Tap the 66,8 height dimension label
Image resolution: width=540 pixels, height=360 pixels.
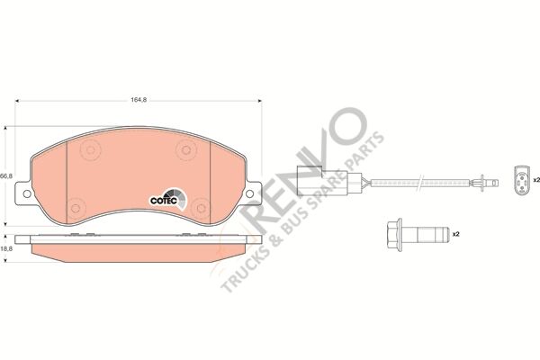[x=6, y=175]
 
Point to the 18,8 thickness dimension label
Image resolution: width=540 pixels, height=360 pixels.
[x=6, y=248]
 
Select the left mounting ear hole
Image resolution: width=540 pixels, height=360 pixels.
[x=27, y=194]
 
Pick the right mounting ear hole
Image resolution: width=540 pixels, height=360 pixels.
[x=249, y=194]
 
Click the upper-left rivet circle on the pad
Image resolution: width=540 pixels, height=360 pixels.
[x=91, y=150]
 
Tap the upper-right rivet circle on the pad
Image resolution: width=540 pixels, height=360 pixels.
[x=186, y=150]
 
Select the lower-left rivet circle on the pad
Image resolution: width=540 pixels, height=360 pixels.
[x=76, y=208]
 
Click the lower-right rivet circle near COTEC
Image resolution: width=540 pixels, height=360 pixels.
[x=201, y=208]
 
